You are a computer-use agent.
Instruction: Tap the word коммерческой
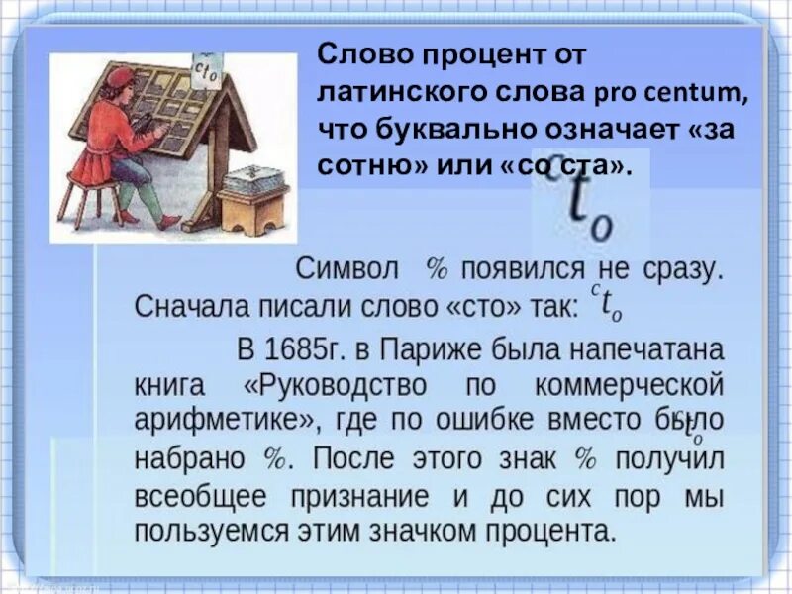622,384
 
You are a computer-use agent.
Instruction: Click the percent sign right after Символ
438,268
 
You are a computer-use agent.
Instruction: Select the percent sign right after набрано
274,457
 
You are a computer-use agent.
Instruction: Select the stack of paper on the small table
252,180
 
